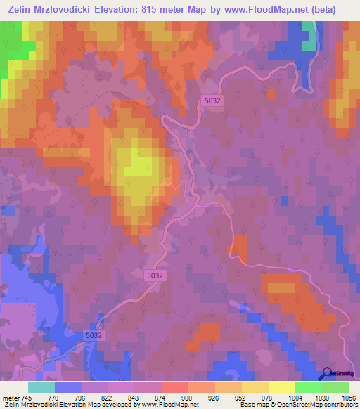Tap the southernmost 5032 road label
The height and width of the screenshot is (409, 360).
coord(93,337)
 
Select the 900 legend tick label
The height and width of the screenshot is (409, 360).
coord(187,397)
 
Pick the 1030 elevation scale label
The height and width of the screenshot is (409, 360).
coord(321,397)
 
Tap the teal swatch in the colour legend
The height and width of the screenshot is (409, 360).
coord(41,387)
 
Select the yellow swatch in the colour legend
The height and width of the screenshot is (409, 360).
coord(282,387)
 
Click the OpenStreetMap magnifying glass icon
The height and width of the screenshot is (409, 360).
coord(326,374)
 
